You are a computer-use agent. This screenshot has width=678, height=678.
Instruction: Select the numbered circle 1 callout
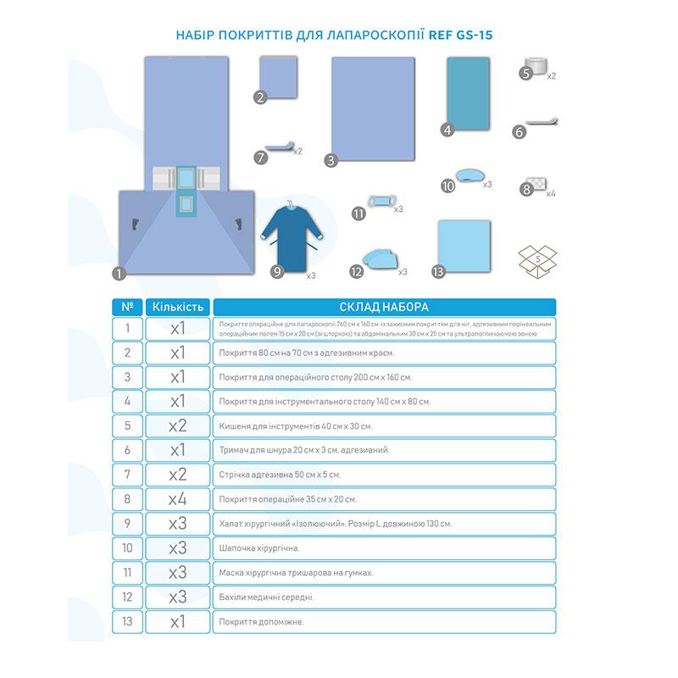tap(119, 273)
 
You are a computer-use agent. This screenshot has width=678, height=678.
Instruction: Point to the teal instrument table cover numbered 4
tap(470, 95)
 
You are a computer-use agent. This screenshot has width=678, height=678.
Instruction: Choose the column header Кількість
tap(178, 306)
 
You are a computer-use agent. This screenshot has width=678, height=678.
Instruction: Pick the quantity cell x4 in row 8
tap(178, 499)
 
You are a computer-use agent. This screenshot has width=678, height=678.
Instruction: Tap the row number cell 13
tap(128, 621)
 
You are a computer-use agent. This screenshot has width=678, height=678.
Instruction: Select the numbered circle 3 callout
tap(331, 158)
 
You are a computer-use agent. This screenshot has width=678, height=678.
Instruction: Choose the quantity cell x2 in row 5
tap(178, 425)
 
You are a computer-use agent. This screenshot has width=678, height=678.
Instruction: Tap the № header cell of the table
tap(128, 306)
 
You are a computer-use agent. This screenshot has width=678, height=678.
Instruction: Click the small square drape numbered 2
tap(282, 78)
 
